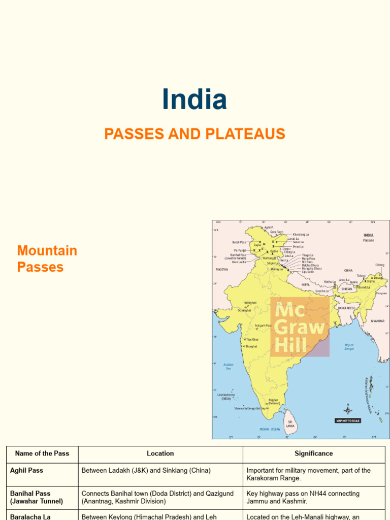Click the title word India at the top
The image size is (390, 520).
194,100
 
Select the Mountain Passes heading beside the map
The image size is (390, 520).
47,259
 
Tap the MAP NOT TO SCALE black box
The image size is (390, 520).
348,420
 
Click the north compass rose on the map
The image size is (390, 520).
348,409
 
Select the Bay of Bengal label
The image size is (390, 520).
349,347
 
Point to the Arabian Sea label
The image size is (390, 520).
228,366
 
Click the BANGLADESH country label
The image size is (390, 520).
345,308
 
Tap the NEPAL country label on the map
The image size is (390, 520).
305,285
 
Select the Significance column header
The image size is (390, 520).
314,453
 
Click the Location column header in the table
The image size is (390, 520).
160,453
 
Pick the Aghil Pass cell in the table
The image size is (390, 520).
27,470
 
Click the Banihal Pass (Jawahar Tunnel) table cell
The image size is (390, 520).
37,497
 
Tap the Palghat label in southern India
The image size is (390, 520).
274,400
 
